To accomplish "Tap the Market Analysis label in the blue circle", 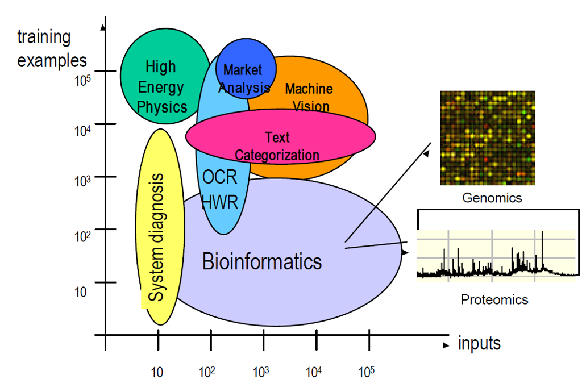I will coord(244,78).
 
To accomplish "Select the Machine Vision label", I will coord(309,97).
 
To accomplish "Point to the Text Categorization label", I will coord(277,146).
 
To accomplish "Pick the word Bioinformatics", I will coord(262,261).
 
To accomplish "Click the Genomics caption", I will coord(492,198).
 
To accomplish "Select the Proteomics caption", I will coord(494,299).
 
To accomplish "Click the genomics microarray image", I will coord(487,138).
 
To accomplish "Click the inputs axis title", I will coord(480,343).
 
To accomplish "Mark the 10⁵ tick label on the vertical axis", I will coord(83,80).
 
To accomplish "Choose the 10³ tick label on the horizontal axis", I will coord(261,372).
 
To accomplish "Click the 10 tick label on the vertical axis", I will coord(80,292).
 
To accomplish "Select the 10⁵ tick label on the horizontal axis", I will coord(367,372).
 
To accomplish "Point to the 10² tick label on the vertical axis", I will coord(82,236).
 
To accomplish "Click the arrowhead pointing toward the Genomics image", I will coord(426,152).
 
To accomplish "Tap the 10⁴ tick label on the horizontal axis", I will coord(314,372).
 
